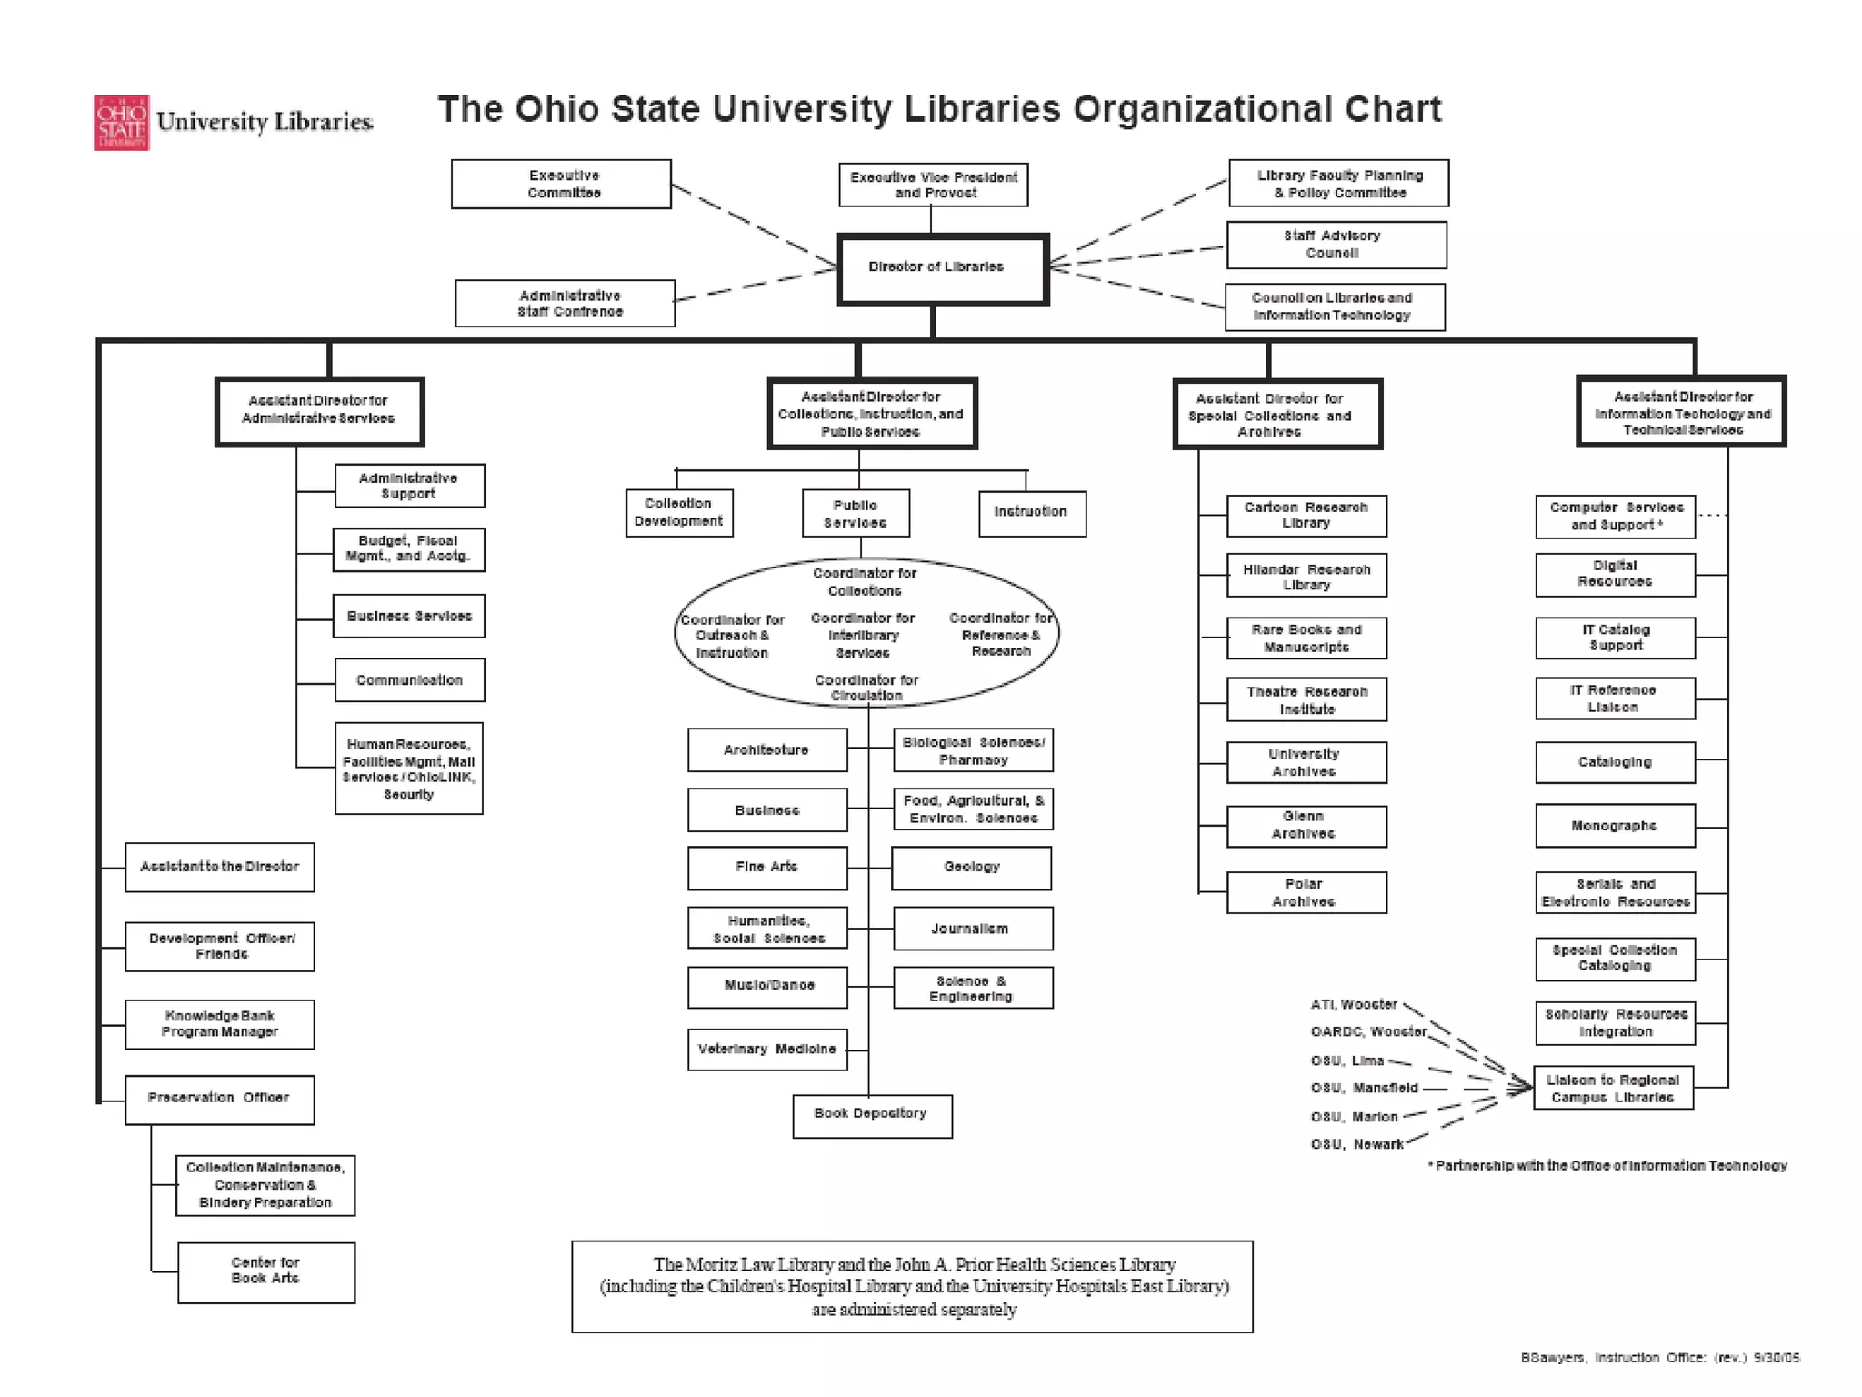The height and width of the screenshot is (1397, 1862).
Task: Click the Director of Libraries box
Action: coord(942,268)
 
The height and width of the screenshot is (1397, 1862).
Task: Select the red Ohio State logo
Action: coord(121,122)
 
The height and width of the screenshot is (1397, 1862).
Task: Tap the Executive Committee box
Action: coord(561,184)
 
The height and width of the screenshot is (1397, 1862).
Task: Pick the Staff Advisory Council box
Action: coord(1336,245)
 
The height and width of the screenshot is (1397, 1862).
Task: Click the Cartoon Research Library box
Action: coord(1306,516)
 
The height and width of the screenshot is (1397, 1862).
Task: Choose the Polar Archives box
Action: coord(1306,892)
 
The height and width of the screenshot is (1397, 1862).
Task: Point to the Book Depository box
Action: coord(872,1115)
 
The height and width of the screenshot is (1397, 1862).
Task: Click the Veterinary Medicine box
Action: coord(767,1050)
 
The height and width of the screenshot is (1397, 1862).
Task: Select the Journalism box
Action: coord(972,929)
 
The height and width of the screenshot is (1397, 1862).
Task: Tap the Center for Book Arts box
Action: coord(265,1271)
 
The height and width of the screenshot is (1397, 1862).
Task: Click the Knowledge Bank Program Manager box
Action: coord(219,1024)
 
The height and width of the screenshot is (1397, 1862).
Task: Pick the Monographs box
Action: coord(1615,826)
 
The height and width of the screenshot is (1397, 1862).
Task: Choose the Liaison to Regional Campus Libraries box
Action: coord(1613,1088)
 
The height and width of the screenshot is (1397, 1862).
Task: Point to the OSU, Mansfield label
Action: coord(1364,1088)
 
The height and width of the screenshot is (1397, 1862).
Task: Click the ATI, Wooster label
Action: coord(1353,1004)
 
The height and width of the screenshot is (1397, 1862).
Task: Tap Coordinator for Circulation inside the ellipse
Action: coord(866,688)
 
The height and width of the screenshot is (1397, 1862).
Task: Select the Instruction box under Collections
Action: coord(1031,513)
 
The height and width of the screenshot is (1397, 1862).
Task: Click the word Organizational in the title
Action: coord(1199,109)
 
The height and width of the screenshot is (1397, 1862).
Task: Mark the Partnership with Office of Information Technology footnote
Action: coord(1607,1166)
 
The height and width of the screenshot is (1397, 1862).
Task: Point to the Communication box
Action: coord(409,680)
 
